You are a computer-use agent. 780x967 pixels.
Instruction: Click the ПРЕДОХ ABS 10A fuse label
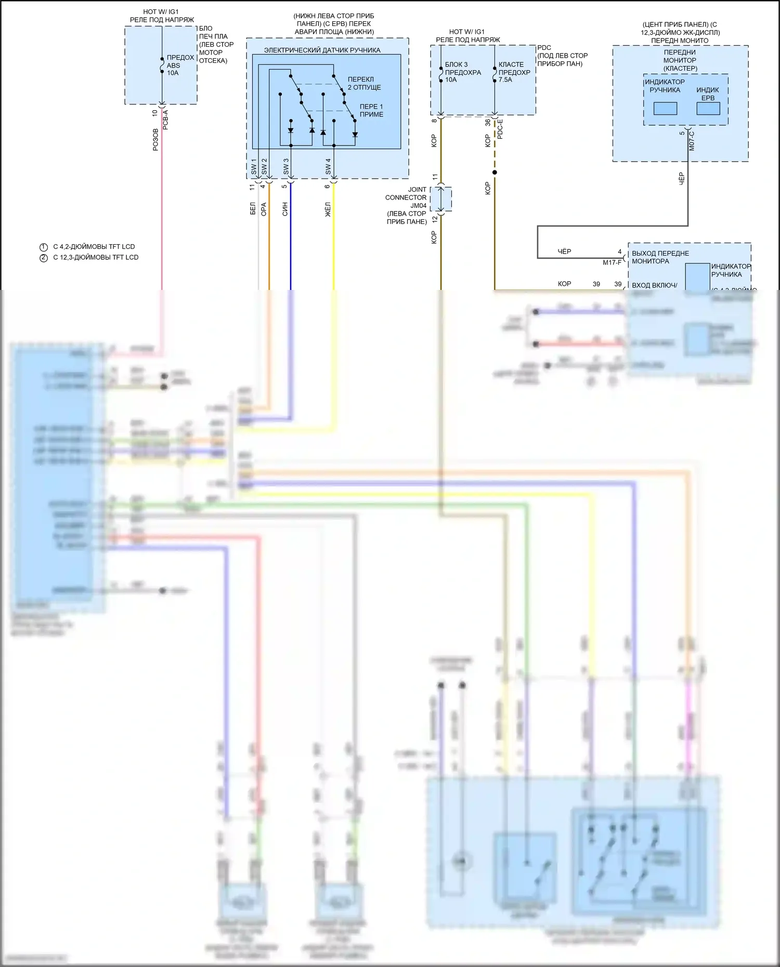(180, 65)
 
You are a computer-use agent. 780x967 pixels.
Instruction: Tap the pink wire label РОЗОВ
(155, 140)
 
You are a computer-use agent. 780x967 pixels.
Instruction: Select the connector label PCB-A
(166, 119)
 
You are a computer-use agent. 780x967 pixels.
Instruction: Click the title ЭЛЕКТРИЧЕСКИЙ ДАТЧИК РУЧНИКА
(322, 50)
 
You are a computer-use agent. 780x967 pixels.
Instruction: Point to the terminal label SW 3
(286, 167)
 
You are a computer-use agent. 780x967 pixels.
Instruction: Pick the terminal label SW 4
(328, 167)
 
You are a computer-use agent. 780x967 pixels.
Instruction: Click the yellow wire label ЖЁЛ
(328, 209)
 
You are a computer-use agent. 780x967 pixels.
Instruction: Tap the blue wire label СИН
(285, 209)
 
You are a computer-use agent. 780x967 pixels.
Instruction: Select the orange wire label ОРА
(264, 209)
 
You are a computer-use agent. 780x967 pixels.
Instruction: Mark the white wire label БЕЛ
(253, 209)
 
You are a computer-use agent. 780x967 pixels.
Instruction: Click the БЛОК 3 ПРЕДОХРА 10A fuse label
(462, 72)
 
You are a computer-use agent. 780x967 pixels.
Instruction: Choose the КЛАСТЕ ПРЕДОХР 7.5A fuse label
(514, 72)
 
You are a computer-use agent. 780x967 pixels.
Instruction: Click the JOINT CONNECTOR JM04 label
(407, 206)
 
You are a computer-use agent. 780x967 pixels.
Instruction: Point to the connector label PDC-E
(500, 129)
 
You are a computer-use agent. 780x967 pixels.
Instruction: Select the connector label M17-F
(612, 262)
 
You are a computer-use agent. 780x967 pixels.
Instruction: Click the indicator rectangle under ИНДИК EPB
(708, 109)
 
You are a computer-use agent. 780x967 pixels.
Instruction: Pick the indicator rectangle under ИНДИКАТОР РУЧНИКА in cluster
(665, 109)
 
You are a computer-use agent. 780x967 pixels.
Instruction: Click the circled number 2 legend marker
(44, 257)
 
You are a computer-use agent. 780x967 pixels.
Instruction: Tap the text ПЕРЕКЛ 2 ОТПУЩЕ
(364, 84)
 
